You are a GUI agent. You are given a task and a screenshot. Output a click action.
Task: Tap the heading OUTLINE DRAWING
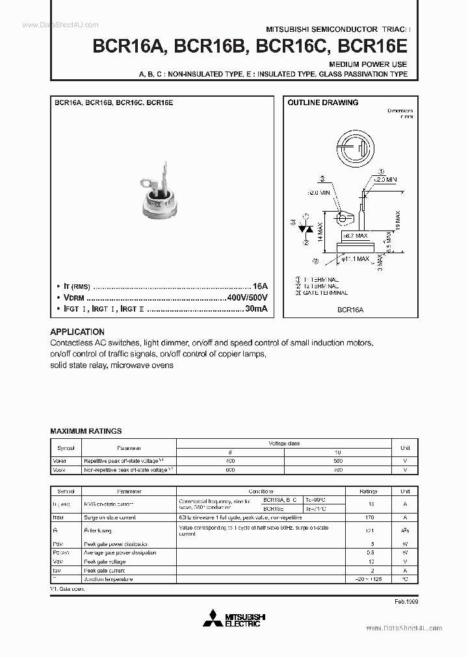point(323,103)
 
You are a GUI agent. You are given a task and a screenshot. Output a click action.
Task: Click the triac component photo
point(160,194)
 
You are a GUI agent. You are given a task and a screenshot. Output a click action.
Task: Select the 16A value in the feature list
point(260,286)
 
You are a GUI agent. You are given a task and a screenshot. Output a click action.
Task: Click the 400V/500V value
point(247,297)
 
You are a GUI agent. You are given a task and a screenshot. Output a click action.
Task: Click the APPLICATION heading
point(77,331)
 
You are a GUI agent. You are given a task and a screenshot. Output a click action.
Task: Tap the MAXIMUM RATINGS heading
point(86,431)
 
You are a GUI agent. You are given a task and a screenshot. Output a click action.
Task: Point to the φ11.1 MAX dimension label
point(355,259)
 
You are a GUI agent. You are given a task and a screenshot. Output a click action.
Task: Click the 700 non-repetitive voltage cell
point(337,468)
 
